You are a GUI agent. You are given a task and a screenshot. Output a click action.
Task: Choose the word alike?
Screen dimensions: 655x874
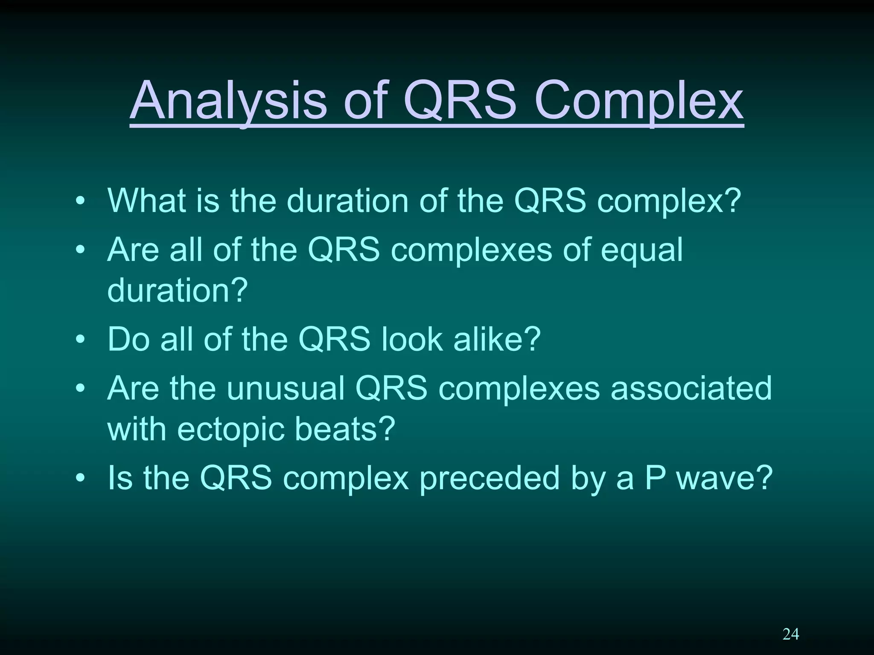[497, 339]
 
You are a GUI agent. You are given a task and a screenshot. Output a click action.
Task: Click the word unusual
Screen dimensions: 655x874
[286, 388]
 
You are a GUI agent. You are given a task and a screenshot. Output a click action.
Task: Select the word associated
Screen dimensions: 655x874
[691, 388]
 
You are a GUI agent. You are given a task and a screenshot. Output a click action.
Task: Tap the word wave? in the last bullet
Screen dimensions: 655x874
[725, 478]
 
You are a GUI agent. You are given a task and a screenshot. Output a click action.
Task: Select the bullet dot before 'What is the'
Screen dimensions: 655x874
[80, 201]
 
